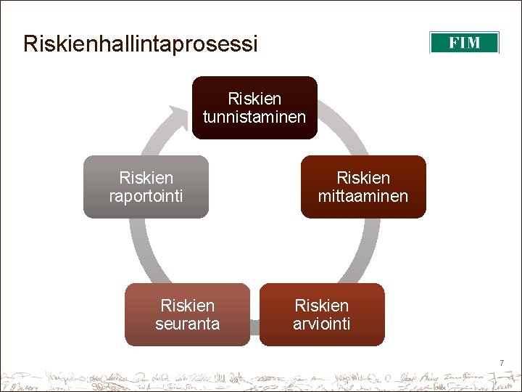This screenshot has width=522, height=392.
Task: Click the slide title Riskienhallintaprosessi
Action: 140,44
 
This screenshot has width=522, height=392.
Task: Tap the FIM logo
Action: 464,43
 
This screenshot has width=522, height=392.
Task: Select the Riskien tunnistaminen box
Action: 254,107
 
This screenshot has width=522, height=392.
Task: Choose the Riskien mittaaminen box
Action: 363,187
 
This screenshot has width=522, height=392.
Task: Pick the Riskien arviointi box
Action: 322,314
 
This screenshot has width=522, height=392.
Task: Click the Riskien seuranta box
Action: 187,314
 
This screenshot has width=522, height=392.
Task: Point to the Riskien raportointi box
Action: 146,187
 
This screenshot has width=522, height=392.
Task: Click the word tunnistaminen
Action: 254,117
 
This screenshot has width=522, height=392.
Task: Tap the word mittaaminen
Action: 363,196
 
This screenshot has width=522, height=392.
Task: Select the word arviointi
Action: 322,324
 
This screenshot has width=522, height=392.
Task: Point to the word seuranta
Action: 187,324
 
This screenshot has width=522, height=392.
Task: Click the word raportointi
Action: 146,196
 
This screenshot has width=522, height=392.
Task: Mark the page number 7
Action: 500,362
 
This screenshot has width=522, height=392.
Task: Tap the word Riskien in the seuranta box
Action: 187,306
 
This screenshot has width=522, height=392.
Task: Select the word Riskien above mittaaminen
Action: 363,178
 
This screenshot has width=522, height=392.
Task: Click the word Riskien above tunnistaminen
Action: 254,98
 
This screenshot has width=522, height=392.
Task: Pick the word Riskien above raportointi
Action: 146,178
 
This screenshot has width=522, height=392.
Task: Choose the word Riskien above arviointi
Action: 322,306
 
